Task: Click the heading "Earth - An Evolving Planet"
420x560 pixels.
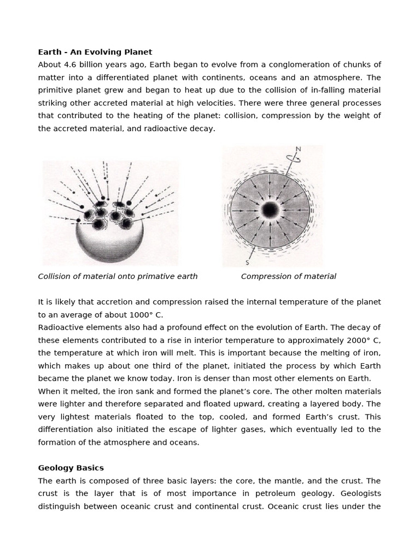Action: click(95, 52)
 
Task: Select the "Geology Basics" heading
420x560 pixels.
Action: click(71, 468)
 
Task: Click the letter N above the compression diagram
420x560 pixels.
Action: click(298, 149)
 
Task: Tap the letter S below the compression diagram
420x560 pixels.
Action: click(247, 262)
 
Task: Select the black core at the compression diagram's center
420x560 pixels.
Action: click(270, 210)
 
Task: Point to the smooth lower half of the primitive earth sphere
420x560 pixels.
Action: click(109, 243)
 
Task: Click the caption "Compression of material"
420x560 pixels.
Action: click(288, 276)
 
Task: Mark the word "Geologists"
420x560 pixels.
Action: click(360, 493)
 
